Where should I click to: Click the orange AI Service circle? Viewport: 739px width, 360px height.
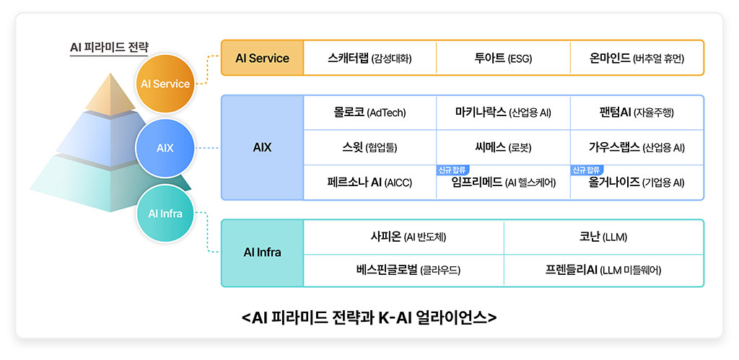point(165,84)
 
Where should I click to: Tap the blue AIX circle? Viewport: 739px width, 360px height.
point(165,148)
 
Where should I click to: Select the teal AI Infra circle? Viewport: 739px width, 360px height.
point(165,214)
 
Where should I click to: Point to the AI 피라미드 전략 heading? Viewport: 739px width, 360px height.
point(109,47)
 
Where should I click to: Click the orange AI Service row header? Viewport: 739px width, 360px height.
point(262,58)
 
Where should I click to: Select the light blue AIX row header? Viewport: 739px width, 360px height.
point(262,147)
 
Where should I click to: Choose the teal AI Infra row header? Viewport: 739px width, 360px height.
point(262,253)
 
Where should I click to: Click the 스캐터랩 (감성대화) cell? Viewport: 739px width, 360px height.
point(370,58)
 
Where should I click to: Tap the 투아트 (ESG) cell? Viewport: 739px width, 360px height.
point(503,58)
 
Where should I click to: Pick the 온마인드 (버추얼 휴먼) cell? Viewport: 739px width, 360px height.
point(637,58)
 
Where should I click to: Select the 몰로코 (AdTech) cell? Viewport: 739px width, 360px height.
point(370,113)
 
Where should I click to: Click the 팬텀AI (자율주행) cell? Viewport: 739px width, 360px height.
point(637,113)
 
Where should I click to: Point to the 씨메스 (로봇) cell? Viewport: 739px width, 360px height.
point(503,147)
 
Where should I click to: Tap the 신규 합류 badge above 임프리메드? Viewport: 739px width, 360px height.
point(453,170)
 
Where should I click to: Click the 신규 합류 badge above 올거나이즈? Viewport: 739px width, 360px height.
point(587,170)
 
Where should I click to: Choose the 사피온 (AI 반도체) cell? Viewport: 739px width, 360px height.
point(403,237)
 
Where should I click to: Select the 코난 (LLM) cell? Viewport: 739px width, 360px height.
point(603,237)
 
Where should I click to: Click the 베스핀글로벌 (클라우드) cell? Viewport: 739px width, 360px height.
point(403,270)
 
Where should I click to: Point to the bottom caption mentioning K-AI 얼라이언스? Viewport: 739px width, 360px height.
point(369,317)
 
